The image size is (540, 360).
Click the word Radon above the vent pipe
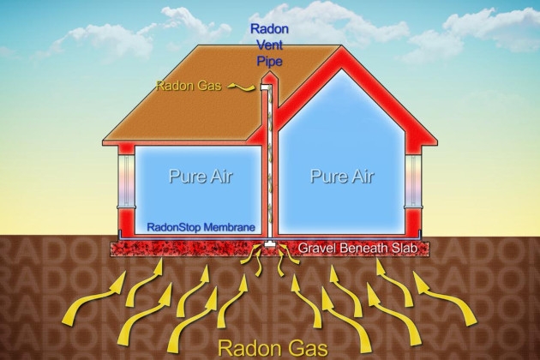pos(269,28)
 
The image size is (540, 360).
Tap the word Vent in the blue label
pos(270,45)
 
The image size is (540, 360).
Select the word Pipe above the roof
pos(270,61)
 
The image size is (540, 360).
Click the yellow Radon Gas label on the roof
pos(189,86)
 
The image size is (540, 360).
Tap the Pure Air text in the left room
pos(201,176)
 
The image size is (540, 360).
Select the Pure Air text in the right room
pos(342,176)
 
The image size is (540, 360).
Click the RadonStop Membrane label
pos(201,227)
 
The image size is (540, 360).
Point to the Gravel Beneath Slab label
pos(357,248)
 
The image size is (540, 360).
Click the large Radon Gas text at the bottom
pos(273,348)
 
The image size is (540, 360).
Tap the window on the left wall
pos(126,181)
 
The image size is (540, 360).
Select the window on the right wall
pos(413,181)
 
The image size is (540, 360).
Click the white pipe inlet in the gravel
pos(270,244)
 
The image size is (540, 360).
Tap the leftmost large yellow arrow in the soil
pos(93,297)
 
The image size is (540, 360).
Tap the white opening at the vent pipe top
pos(265,87)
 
